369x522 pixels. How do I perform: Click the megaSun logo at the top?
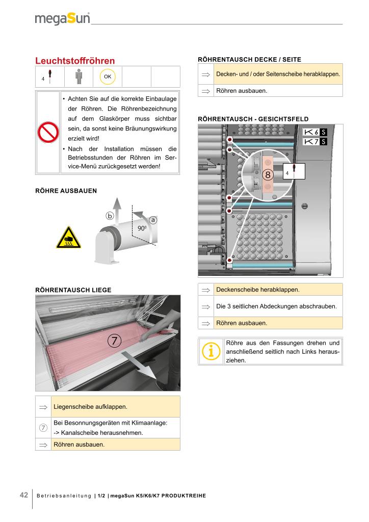[62, 19]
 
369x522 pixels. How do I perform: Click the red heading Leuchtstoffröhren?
[75, 61]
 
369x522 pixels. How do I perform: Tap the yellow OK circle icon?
[108, 76]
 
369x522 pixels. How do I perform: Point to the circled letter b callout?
[110, 215]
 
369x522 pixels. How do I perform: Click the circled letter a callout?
[152, 220]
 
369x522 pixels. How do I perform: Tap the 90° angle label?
[142, 228]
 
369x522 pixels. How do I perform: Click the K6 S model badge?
[314, 132]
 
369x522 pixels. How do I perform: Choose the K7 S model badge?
[314, 141]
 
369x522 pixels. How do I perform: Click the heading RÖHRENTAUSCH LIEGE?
[73, 290]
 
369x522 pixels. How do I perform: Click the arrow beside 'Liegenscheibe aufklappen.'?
[43, 407]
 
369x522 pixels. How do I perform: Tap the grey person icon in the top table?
[78, 76]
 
